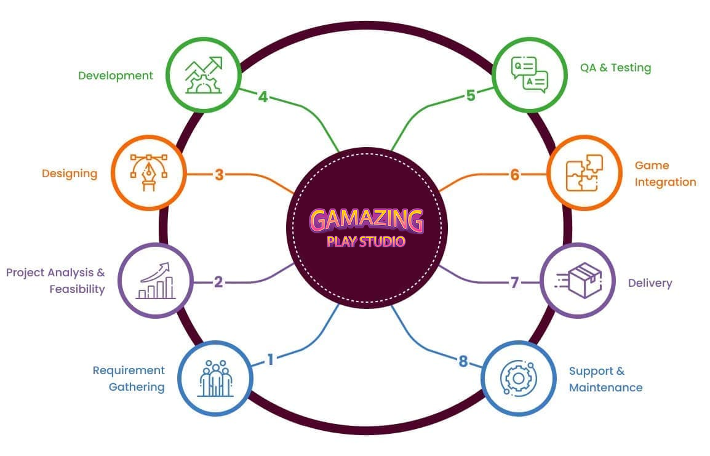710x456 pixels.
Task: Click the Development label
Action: point(115,76)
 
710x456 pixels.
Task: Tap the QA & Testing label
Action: point(615,68)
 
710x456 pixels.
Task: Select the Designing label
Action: point(70,174)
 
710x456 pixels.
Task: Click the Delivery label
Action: point(650,283)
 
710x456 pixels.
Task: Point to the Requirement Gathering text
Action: point(129,378)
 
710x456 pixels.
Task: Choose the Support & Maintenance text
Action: point(605,379)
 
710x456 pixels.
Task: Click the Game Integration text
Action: point(665,174)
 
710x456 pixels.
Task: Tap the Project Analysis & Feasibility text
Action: point(56,280)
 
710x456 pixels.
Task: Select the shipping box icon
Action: point(578,281)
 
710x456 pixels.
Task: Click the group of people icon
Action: point(216,378)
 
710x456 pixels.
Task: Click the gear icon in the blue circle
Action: point(514,377)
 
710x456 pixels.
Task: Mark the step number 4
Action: point(263,97)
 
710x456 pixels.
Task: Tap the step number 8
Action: point(463,361)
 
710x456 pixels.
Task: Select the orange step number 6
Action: point(515,175)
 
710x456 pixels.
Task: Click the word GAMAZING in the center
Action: point(366,220)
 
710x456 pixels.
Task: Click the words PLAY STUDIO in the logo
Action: point(366,241)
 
